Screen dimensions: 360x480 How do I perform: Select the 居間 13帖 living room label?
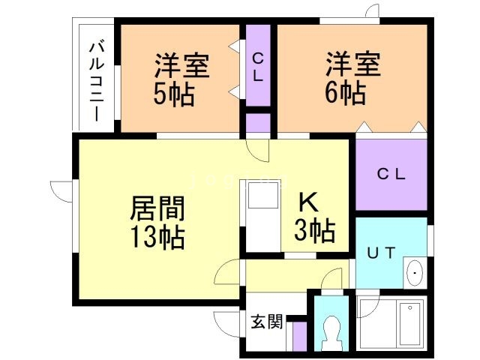click(x=157, y=223)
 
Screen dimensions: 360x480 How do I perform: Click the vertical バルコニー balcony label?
click(x=95, y=81)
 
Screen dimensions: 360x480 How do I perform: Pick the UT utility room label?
click(x=379, y=253)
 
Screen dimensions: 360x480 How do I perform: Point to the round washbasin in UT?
click(x=414, y=273)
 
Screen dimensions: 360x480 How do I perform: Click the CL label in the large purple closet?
click(x=390, y=175)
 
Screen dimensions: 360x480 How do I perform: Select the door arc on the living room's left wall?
click(x=61, y=189)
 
